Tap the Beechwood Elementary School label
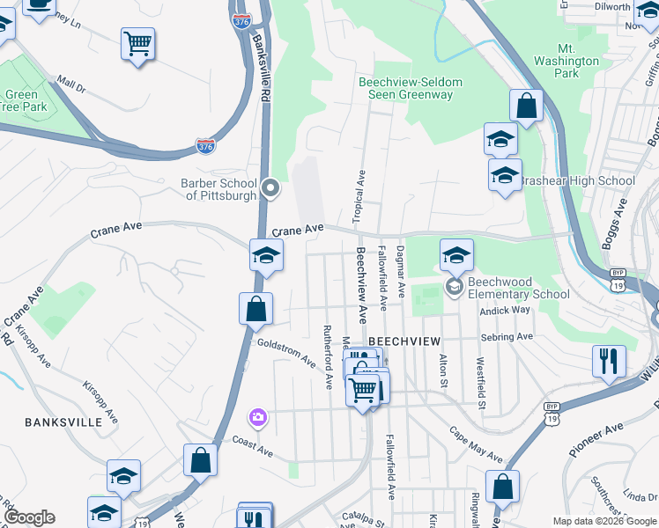coord(518,289)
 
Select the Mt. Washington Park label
coord(566,61)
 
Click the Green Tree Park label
coord(21,100)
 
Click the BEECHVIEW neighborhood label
coord(404,340)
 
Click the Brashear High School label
coord(576,181)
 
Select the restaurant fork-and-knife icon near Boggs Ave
coord(609,360)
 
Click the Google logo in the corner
coord(30,517)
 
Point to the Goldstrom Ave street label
coord(287,353)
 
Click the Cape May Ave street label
coord(475,446)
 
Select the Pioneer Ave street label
coord(596,437)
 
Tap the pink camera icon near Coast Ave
coord(257,416)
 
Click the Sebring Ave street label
coord(507,337)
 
